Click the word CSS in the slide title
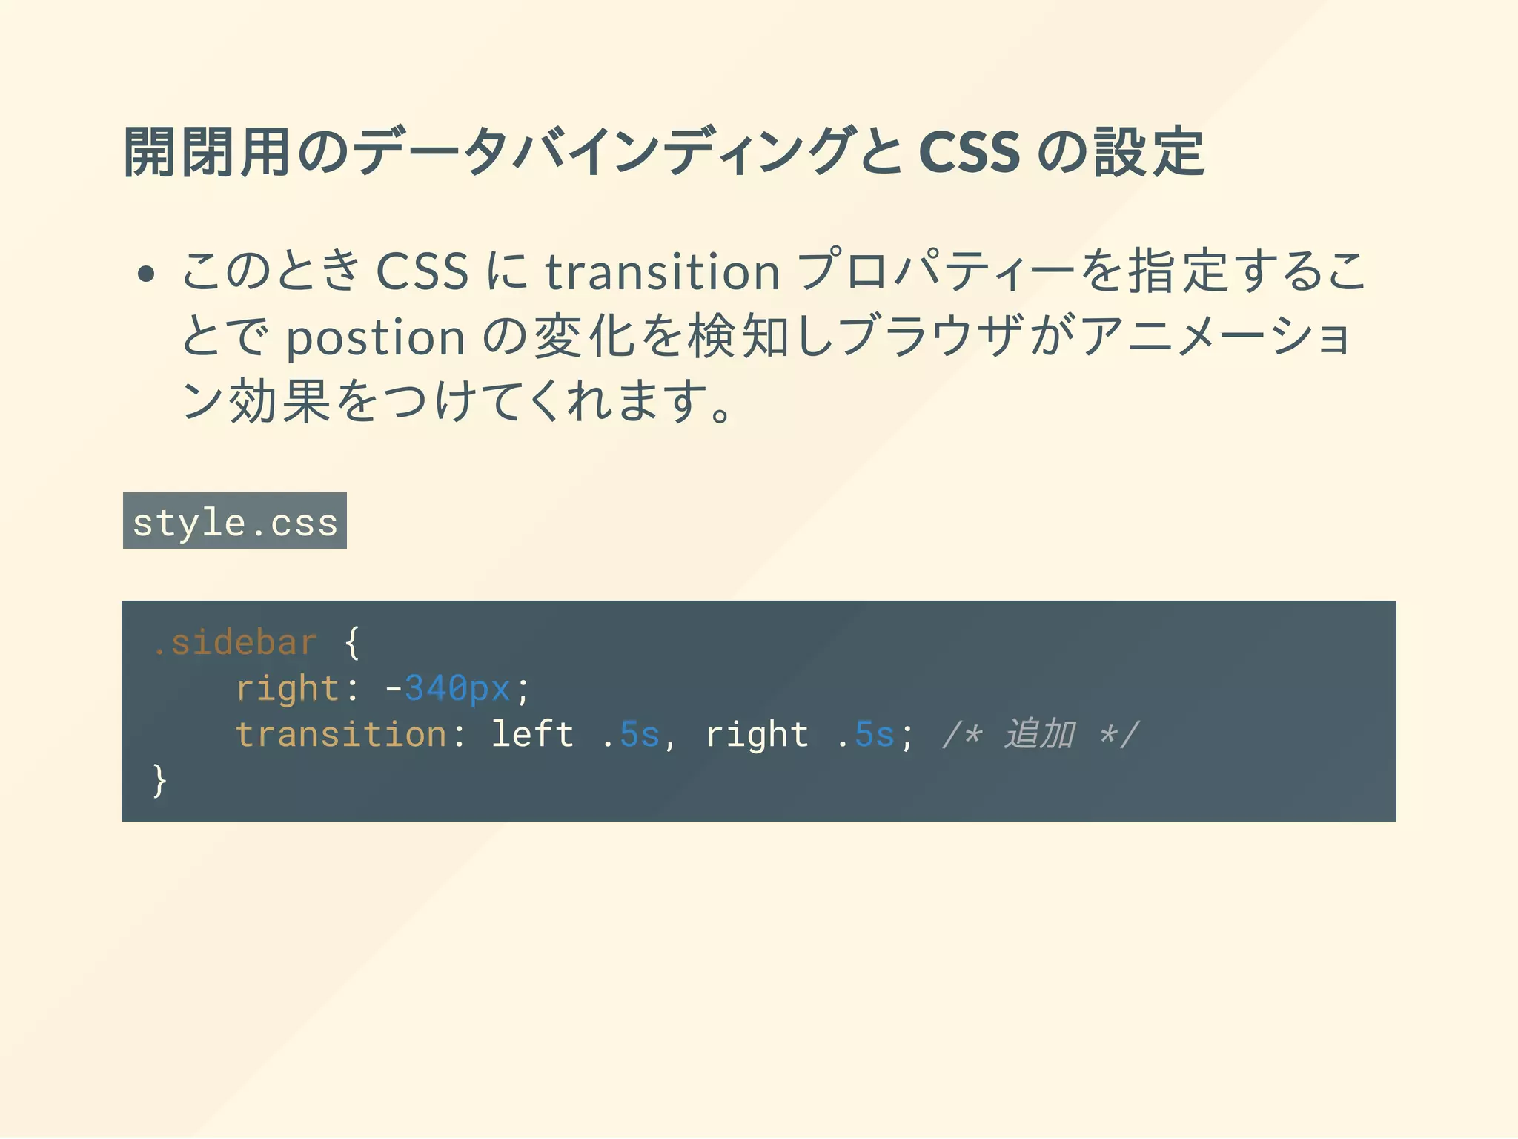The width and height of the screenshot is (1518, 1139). click(x=969, y=152)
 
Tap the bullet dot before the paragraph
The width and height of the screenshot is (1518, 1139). click(x=146, y=274)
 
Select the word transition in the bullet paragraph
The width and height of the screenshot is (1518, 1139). click(x=663, y=271)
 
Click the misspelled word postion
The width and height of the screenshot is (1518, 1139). click(x=376, y=338)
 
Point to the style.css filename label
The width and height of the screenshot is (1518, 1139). click(x=235, y=521)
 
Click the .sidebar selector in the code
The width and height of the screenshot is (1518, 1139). click(x=236, y=642)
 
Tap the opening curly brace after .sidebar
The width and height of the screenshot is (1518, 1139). click(x=353, y=642)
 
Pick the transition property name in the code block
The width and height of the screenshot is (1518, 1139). click(x=341, y=734)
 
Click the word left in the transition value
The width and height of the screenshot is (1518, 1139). click(x=532, y=734)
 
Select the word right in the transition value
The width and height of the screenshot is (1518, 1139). click(x=757, y=734)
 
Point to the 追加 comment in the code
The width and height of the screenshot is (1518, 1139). click(x=1040, y=734)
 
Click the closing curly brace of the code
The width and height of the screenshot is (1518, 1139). click(x=159, y=780)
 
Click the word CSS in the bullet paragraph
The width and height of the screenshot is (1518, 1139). click(x=422, y=271)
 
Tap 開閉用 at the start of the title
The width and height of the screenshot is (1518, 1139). click(x=207, y=152)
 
